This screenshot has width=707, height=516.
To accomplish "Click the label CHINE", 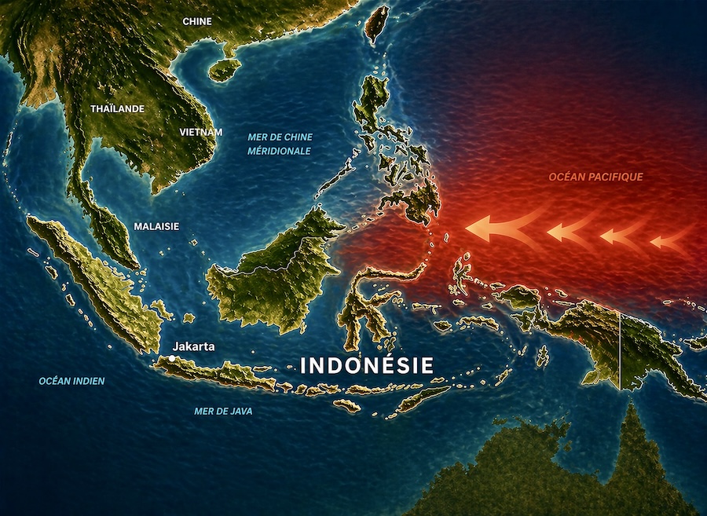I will coord(196,21).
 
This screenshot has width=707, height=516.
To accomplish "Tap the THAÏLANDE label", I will coord(118,108).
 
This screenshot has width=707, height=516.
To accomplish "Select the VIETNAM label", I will coord(201,133).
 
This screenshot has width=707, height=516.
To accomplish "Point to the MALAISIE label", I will coord(156,226).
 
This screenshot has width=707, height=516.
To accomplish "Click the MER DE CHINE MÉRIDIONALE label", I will coord(280,144).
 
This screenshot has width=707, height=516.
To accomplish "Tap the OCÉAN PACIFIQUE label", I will coord(595,177).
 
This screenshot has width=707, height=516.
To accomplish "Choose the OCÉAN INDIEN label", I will coord(71,381).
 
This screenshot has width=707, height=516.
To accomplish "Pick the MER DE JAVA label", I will coord(223,411).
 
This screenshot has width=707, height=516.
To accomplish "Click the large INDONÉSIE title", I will coord(367,366).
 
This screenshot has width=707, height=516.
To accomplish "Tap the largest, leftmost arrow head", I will coord(481,227).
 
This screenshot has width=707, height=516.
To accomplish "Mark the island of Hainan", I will coord(224,70).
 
